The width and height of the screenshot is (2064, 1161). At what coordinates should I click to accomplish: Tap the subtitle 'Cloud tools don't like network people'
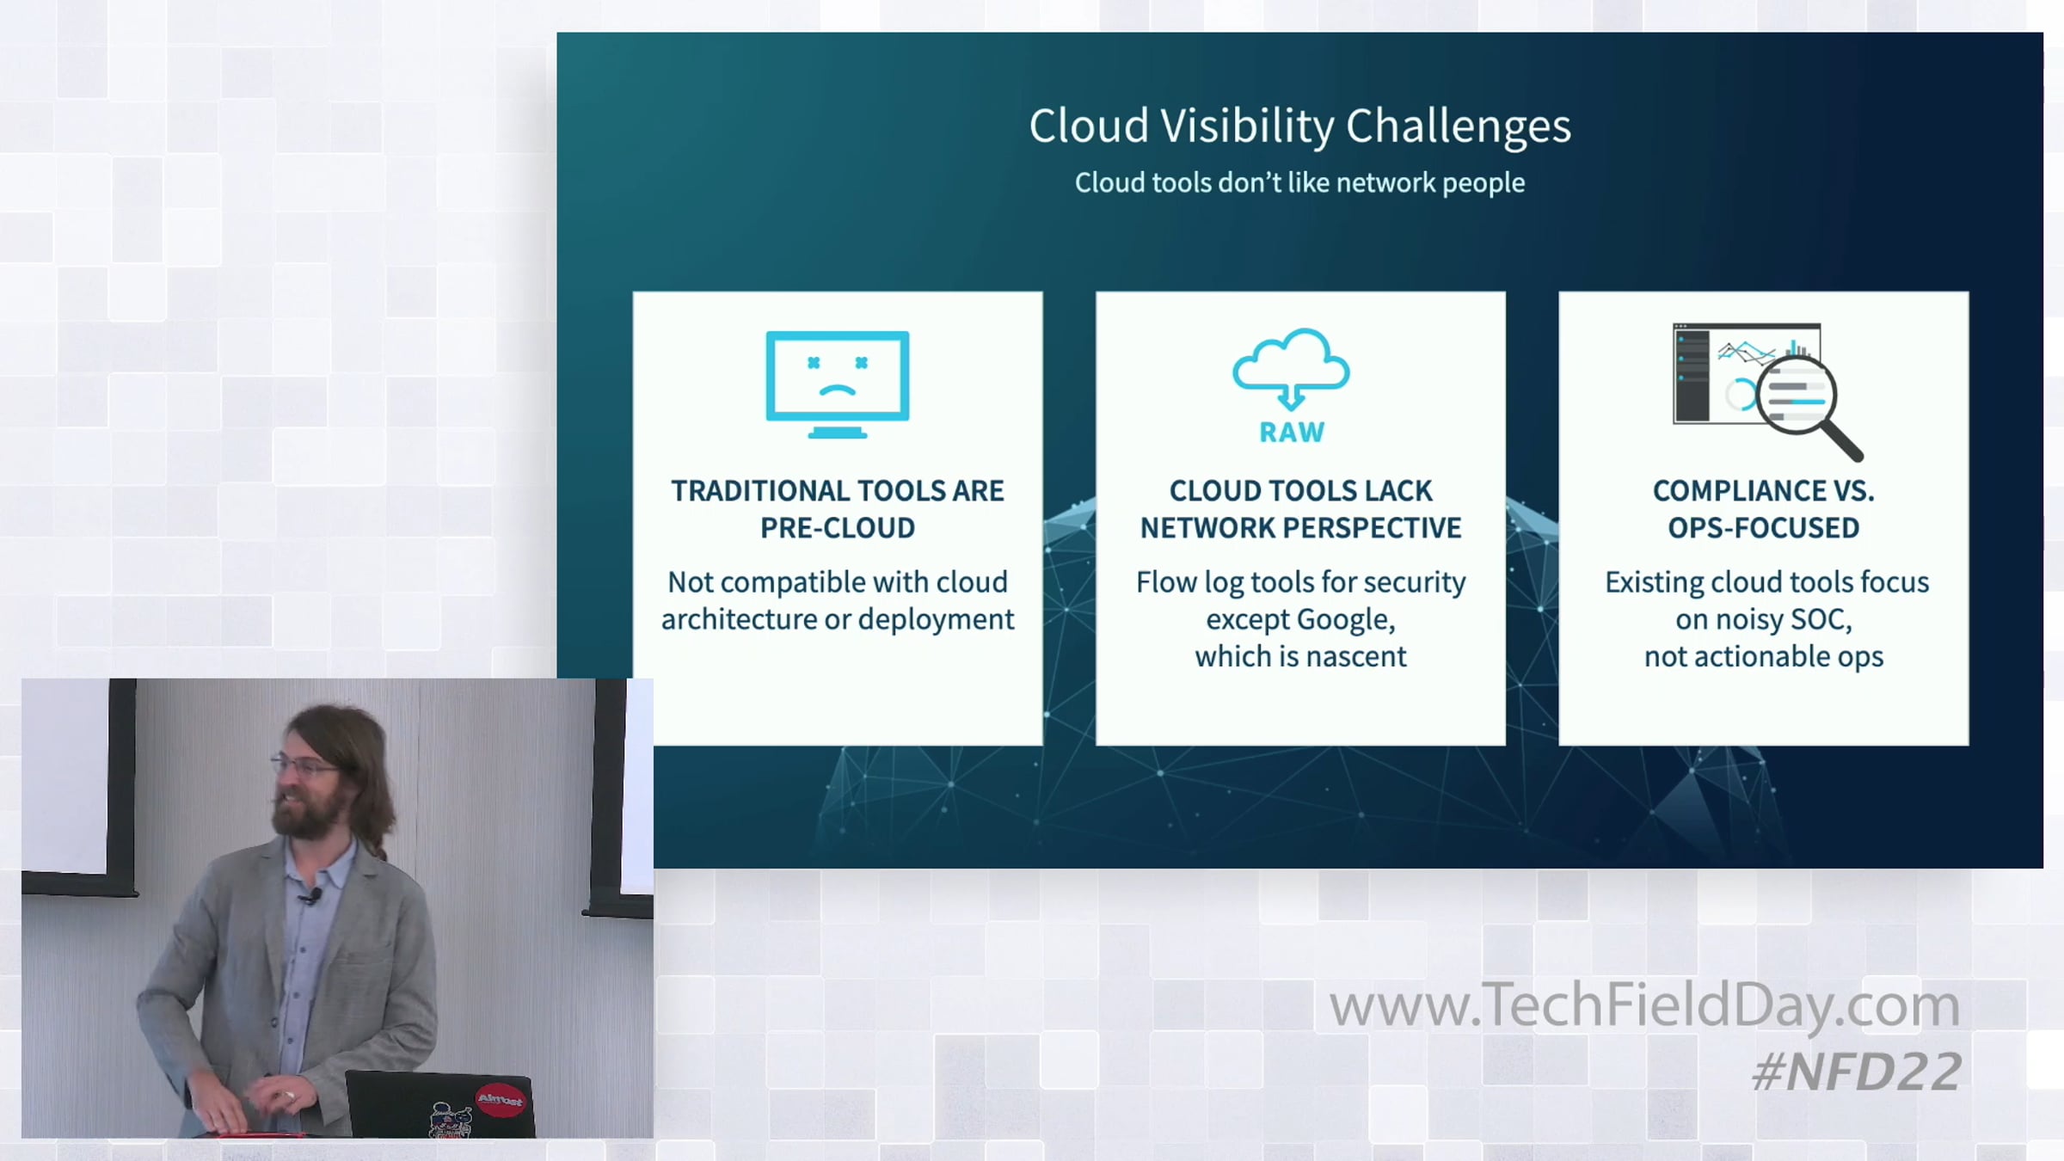1299,183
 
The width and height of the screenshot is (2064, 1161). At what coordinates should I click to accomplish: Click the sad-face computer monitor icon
838,384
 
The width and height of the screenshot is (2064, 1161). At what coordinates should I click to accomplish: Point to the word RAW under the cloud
1292,433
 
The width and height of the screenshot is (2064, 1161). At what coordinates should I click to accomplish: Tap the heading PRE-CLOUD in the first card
838,528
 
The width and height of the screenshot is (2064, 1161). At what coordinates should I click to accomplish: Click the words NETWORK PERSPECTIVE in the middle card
1300,528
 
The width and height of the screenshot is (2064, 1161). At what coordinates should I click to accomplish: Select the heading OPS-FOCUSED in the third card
1764,528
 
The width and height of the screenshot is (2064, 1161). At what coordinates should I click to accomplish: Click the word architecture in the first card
739,620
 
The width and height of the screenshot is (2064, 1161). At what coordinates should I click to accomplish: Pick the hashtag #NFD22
1857,1072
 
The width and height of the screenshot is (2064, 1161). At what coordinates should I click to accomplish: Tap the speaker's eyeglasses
305,765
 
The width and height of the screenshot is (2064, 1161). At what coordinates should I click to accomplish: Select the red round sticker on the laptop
500,1100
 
